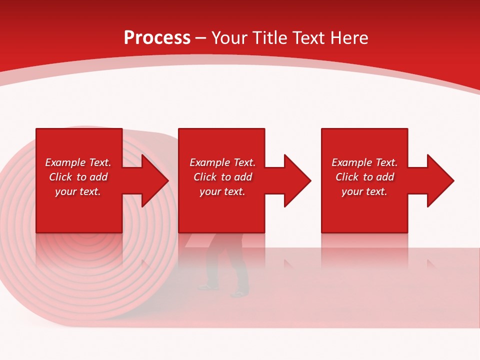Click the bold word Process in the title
pos(157,38)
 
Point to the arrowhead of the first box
pos(152,180)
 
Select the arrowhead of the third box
pos(438,180)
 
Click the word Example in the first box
pos(64,162)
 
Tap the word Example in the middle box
pos(209,162)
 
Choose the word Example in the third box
pos(351,162)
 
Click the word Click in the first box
pos(60,177)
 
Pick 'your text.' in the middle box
pos(222,191)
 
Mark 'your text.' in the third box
pos(364,191)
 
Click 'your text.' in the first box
pos(77,191)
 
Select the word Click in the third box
pos(347,177)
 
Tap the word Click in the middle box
pos(205,177)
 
